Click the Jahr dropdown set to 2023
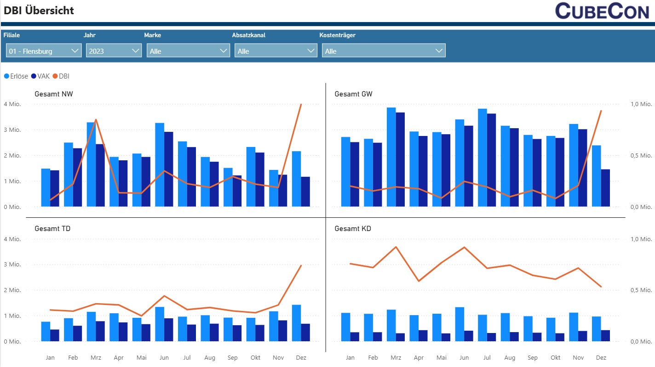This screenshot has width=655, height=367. pyautogui.click(x=113, y=51)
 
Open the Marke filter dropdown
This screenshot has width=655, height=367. pyautogui.click(x=188, y=51)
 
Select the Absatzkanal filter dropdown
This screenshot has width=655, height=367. pyautogui.click(x=276, y=51)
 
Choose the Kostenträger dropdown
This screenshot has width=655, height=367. pyautogui.click(x=384, y=51)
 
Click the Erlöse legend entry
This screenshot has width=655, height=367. pyautogui.click(x=16, y=76)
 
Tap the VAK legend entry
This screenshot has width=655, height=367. pyautogui.click(x=40, y=76)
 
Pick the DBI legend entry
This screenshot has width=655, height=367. pyautogui.click(x=61, y=76)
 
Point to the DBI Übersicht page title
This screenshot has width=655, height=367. pyautogui.click(x=39, y=11)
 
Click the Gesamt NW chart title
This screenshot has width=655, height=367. pyautogui.click(x=53, y=94)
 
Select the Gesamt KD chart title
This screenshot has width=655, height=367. pyautogui.click(x=352, y=228)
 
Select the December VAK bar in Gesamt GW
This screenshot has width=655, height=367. pyautogui.click(x=605, y=188)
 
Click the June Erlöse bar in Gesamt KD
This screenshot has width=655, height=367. pyautogui.click(x=460, y=324)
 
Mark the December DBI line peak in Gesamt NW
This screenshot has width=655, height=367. pyautogui.click(x=301, y=104)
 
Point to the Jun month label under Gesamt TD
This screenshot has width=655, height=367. pyautogui.click(x=164, y=357)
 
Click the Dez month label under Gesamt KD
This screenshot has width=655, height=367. pyautogui.click(x=601, y=357)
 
